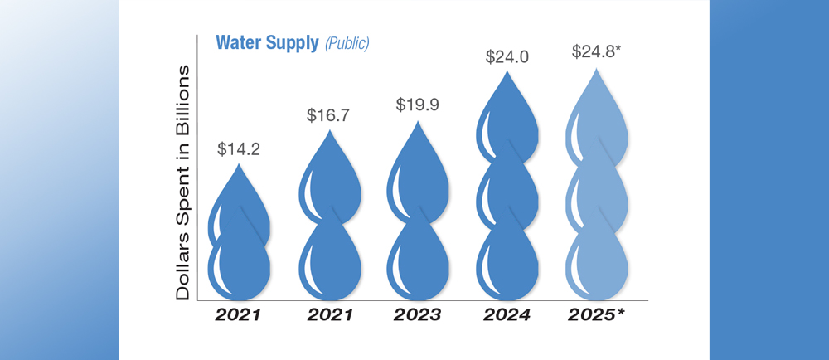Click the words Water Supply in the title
pos(267,43)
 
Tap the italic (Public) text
pos(347,44)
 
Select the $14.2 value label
pos(238,149)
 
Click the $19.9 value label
pos(420,105)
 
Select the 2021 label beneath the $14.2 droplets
pos(239,315)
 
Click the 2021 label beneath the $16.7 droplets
pos(330,315)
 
